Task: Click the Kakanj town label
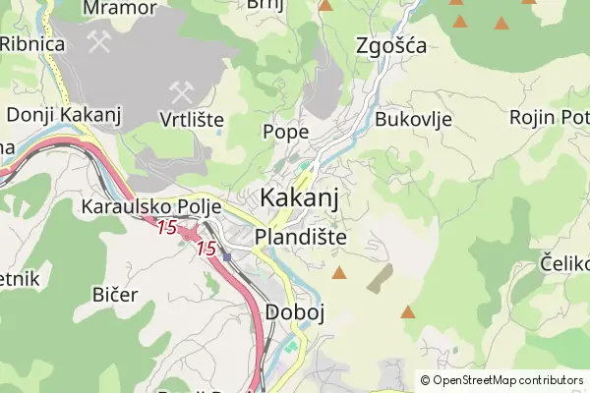click(300, 197)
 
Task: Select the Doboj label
click(294, 311)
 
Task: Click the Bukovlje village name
click(413, 120)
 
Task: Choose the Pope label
click(286, 131)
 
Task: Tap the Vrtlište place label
click(192, 120)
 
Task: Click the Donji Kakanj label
click(63, 115)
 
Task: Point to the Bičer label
click(114, 294)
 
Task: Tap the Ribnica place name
click(32, 44)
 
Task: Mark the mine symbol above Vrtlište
click(180, 92)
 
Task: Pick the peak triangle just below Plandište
click(339, 272)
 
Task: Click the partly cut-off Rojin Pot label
click(548, 118)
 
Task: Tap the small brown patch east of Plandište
click(380, 278)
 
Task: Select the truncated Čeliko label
click(564, 262)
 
